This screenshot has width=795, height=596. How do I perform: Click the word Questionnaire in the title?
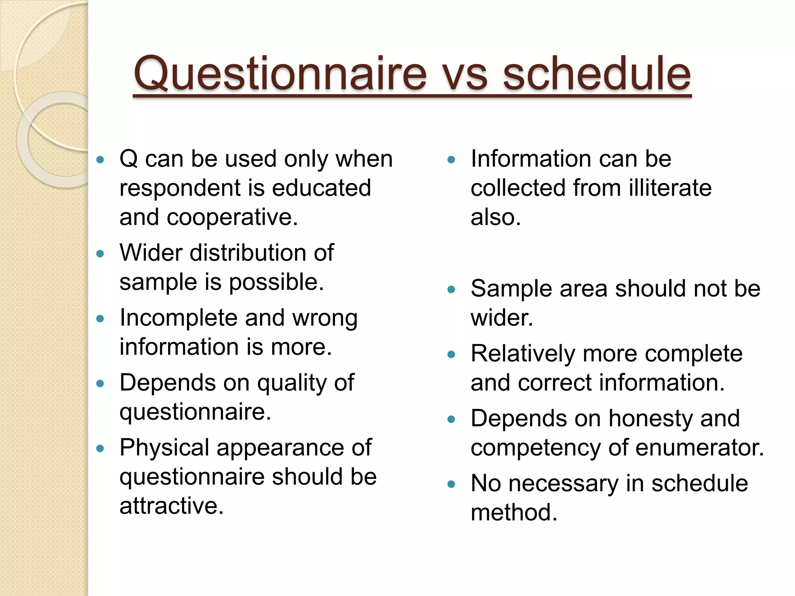(x=279, y=74)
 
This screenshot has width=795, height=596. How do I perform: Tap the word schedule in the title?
(x=597, y=74)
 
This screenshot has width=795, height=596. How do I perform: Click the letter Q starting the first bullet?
(x=128, y=159)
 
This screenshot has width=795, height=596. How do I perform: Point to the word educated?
(x=321, y=188)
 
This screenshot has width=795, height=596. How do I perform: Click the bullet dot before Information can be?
(x=451, y=159)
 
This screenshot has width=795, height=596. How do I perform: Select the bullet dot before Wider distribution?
(x=101, y=254)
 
